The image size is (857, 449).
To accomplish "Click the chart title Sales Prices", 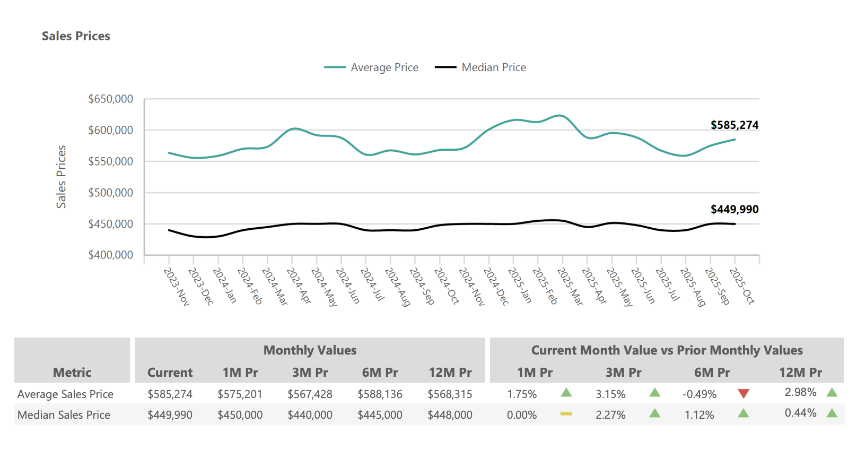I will pos(76,36).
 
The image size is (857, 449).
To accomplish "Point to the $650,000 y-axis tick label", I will pos(110,99).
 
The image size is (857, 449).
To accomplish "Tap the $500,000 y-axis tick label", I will pos(110,193).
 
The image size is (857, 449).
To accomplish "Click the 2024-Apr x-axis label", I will pos(299,286).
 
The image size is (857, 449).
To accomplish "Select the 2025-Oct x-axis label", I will pos(741,286).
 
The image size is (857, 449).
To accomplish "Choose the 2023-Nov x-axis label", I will pos(176,286).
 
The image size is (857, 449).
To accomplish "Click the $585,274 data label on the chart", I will pos(734,125).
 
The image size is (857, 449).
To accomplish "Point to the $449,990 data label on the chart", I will pos(734,210).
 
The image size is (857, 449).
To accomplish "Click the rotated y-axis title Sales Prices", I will pos(62,177).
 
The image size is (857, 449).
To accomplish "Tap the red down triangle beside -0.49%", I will pos(744,393).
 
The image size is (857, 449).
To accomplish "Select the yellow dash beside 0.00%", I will pos(566,413).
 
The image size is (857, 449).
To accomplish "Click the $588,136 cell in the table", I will pos(380,394).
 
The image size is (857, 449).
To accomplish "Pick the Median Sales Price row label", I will pos(64,415).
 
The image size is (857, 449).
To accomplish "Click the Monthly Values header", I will pos(310,350).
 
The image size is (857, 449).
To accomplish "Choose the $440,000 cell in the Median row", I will pos(310,415).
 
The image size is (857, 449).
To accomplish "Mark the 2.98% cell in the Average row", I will pos(800,392).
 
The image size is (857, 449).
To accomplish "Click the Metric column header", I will pos(72,373).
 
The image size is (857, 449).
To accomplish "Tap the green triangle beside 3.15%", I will pos(655,393).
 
